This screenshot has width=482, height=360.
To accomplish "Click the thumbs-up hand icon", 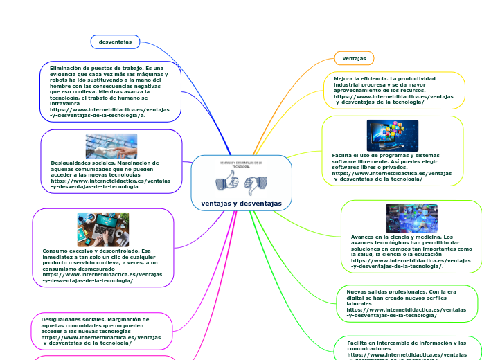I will [x=228, y=183].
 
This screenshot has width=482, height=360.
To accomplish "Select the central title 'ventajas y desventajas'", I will [x=242, y=204].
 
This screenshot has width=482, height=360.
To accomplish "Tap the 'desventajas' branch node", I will [x=116, y=42].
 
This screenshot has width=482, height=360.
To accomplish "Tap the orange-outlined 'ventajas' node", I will [x=354, y=58].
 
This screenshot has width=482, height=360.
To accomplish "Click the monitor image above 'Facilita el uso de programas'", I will [x=392, y=136].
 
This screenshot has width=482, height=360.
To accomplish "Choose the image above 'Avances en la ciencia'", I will [x=411, y=218].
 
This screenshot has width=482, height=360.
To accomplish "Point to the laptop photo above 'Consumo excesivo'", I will [x=102, y=229].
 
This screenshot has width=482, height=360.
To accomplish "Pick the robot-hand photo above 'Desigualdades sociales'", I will [x=111, y=146].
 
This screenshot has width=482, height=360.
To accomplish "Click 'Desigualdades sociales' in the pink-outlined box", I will [x=69, y=319].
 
